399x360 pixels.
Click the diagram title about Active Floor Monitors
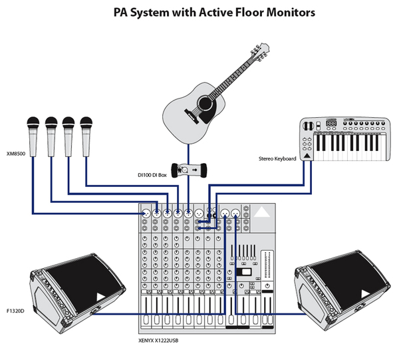199,12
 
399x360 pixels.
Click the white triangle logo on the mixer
261,213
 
